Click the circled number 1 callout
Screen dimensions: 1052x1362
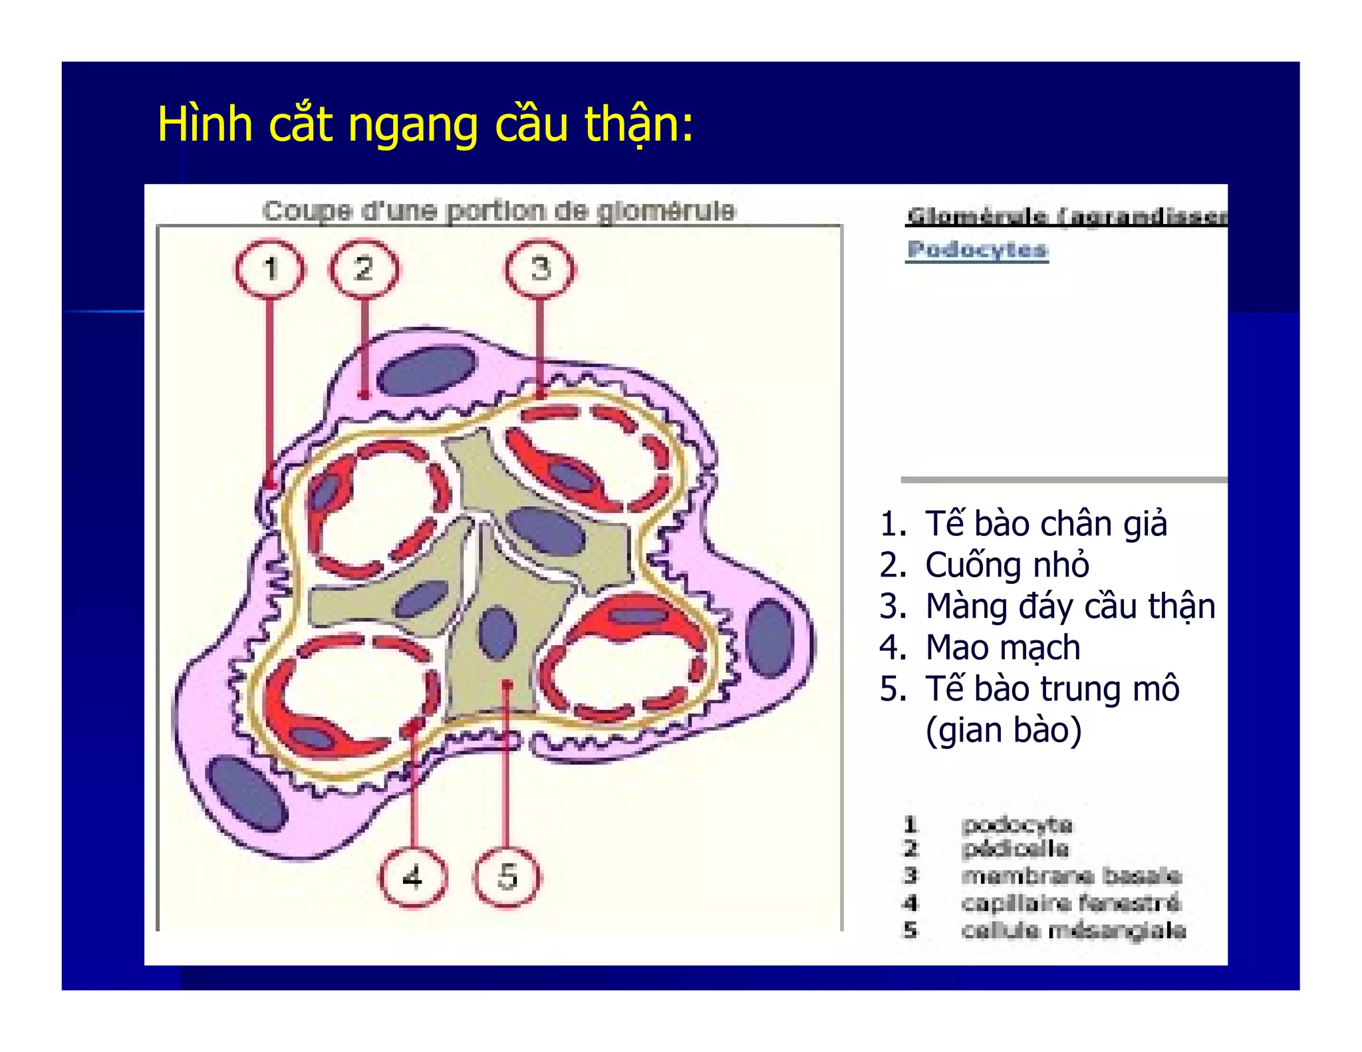coord(269,269)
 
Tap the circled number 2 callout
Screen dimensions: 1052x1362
coord(364,269)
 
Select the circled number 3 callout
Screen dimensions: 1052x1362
coord(540,269)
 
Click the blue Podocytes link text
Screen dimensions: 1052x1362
coord(977,250)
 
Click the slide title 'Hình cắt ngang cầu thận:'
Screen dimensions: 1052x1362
coord(425,124)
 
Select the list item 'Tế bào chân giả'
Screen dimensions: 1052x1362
coord(1045,523)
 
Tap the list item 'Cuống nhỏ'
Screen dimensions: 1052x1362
coord(1007,565)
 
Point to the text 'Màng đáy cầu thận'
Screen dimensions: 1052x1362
coord(1070,606)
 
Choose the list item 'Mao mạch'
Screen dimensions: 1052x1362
coord(1002,647)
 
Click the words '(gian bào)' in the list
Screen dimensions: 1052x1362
coord(1003,729)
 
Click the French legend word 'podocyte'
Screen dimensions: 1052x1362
coord(1017,825)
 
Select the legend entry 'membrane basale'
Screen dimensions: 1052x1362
coord(1071,876)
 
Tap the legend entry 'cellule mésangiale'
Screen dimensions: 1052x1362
coord(1073,930)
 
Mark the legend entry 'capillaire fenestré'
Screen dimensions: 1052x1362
coord(1070,903)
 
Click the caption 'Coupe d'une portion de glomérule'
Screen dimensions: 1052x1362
coord(499,211)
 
